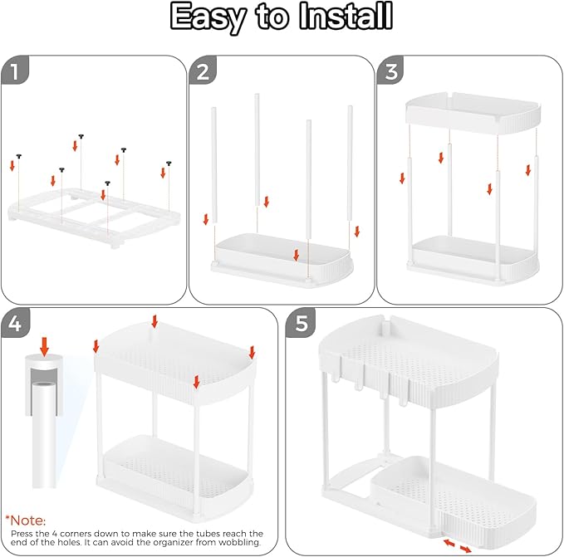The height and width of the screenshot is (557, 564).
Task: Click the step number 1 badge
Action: point(15,72)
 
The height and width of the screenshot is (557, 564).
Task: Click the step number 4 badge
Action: point(15,325)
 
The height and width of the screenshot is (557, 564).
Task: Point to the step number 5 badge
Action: point(300,325)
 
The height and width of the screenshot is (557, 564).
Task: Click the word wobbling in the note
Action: point(238,543)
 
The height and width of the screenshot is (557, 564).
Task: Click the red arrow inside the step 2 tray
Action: point(296,255)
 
